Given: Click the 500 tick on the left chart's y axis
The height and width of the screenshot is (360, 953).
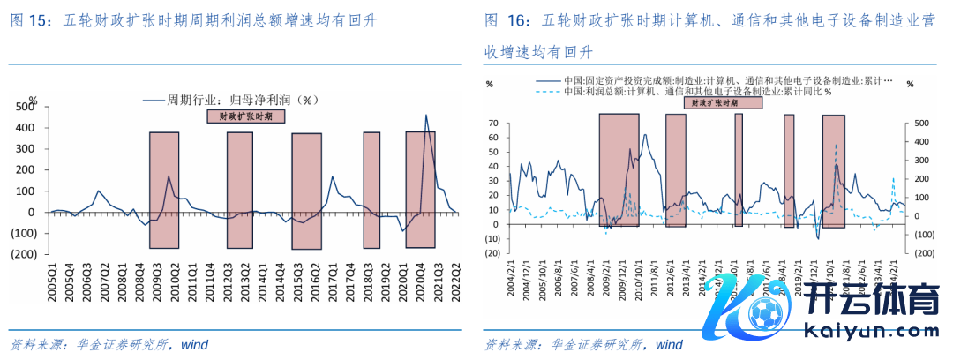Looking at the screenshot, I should coord(25,107).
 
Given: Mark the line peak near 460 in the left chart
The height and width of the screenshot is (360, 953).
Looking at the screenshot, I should coord(426,115).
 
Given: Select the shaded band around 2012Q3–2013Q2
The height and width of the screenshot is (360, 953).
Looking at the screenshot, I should coord(240,190).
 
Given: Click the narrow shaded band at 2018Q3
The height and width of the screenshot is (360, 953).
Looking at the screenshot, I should coord(371,190).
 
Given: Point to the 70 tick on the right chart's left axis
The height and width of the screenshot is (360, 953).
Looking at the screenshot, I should coord(493,124).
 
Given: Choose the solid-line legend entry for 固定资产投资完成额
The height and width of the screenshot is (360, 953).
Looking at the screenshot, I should coord(715,80).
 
